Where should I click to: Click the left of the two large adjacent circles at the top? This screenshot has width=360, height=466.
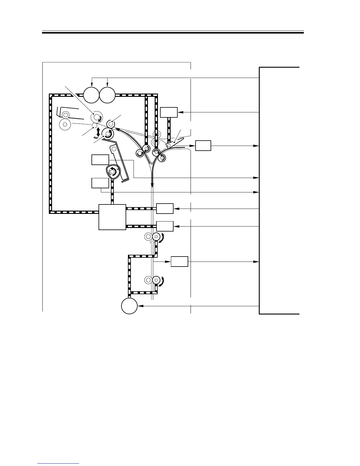(x=91, y=95)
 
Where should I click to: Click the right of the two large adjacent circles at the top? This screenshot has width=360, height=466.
(x=107, y=95)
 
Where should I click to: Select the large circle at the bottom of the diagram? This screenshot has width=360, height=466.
(x=129, y=306)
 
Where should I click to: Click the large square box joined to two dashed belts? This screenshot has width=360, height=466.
(x=112, y=217)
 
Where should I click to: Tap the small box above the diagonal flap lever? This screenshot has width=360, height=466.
(x=169, y=112)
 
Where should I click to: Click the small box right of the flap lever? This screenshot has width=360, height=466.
(x=203, y=146)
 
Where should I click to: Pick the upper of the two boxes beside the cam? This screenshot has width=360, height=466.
(x=100, y=160)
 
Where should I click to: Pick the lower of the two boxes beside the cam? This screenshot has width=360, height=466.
(x=100, y=183)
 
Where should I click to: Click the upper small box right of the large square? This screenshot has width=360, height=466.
(x=165, y=209)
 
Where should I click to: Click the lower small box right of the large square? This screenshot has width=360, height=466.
(x=165, y=226)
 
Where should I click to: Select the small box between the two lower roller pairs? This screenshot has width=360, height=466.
(x=179, y=262)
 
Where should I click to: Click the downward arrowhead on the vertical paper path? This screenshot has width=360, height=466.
(x=152, y=186)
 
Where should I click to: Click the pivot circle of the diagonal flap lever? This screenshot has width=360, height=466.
(x=169, y=145)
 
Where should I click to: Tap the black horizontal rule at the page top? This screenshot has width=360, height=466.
(x=173, y=33)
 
